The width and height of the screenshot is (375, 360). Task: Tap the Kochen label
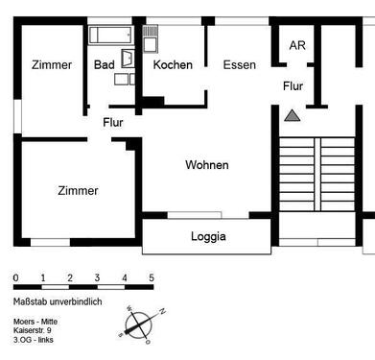pyautogui.click(x=173, y=65)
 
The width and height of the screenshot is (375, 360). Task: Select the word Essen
pyautogui.click(x=239, y=65)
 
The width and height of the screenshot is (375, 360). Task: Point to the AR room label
pyautogui.click(x=297, y=45)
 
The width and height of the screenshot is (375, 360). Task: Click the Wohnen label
pyautogui.click(x=207, y=165)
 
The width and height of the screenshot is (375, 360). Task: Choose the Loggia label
pyautogui.click(x=208, y=237)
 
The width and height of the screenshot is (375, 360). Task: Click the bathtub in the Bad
pyautogui.click(x=110, y=36)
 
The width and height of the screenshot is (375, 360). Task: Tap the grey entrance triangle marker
pyautogui.click(x=293, y=115)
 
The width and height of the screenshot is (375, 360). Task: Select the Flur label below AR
pyautogui.click(x=293, y=86)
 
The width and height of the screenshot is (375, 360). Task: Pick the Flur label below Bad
pyautogui.click(x=113, y=122)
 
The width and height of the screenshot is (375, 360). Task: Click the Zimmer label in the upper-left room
pyautogui.click(x=51, y=65)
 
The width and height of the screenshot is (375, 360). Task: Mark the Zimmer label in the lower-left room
pyautogui.click(x=77, y=190)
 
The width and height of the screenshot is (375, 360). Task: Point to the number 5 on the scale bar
pyautogui.click(x=152, y=278)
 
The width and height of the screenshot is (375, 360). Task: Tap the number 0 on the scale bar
pyautogui.click(x=15, y=278)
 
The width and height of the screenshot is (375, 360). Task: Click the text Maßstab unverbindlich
pyautogui.click(x=57, y=301)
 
